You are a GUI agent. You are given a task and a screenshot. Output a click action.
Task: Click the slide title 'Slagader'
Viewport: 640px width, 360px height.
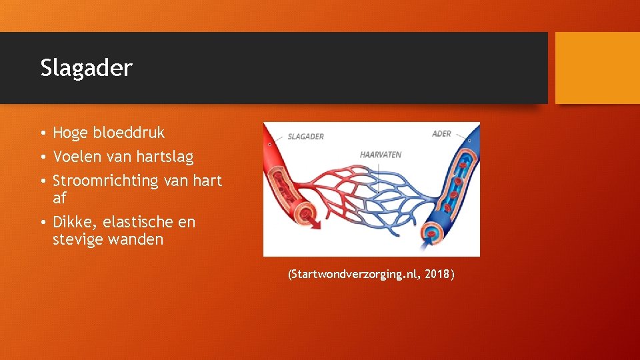[86, 68]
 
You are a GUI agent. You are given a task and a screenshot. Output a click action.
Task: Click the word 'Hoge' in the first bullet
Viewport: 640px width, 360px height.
[71, 133]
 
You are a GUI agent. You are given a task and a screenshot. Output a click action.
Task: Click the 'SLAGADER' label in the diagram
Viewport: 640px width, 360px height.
[305, 137]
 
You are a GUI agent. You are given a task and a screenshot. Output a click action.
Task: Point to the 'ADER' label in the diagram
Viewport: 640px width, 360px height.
[441, 134]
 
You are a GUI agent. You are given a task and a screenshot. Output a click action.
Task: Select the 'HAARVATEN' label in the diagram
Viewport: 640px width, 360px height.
[381, 155]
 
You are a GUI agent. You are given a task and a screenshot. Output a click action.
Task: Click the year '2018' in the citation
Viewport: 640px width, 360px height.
[436, 275]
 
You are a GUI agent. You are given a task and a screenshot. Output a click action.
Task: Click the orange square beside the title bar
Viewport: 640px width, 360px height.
[597, 68]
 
